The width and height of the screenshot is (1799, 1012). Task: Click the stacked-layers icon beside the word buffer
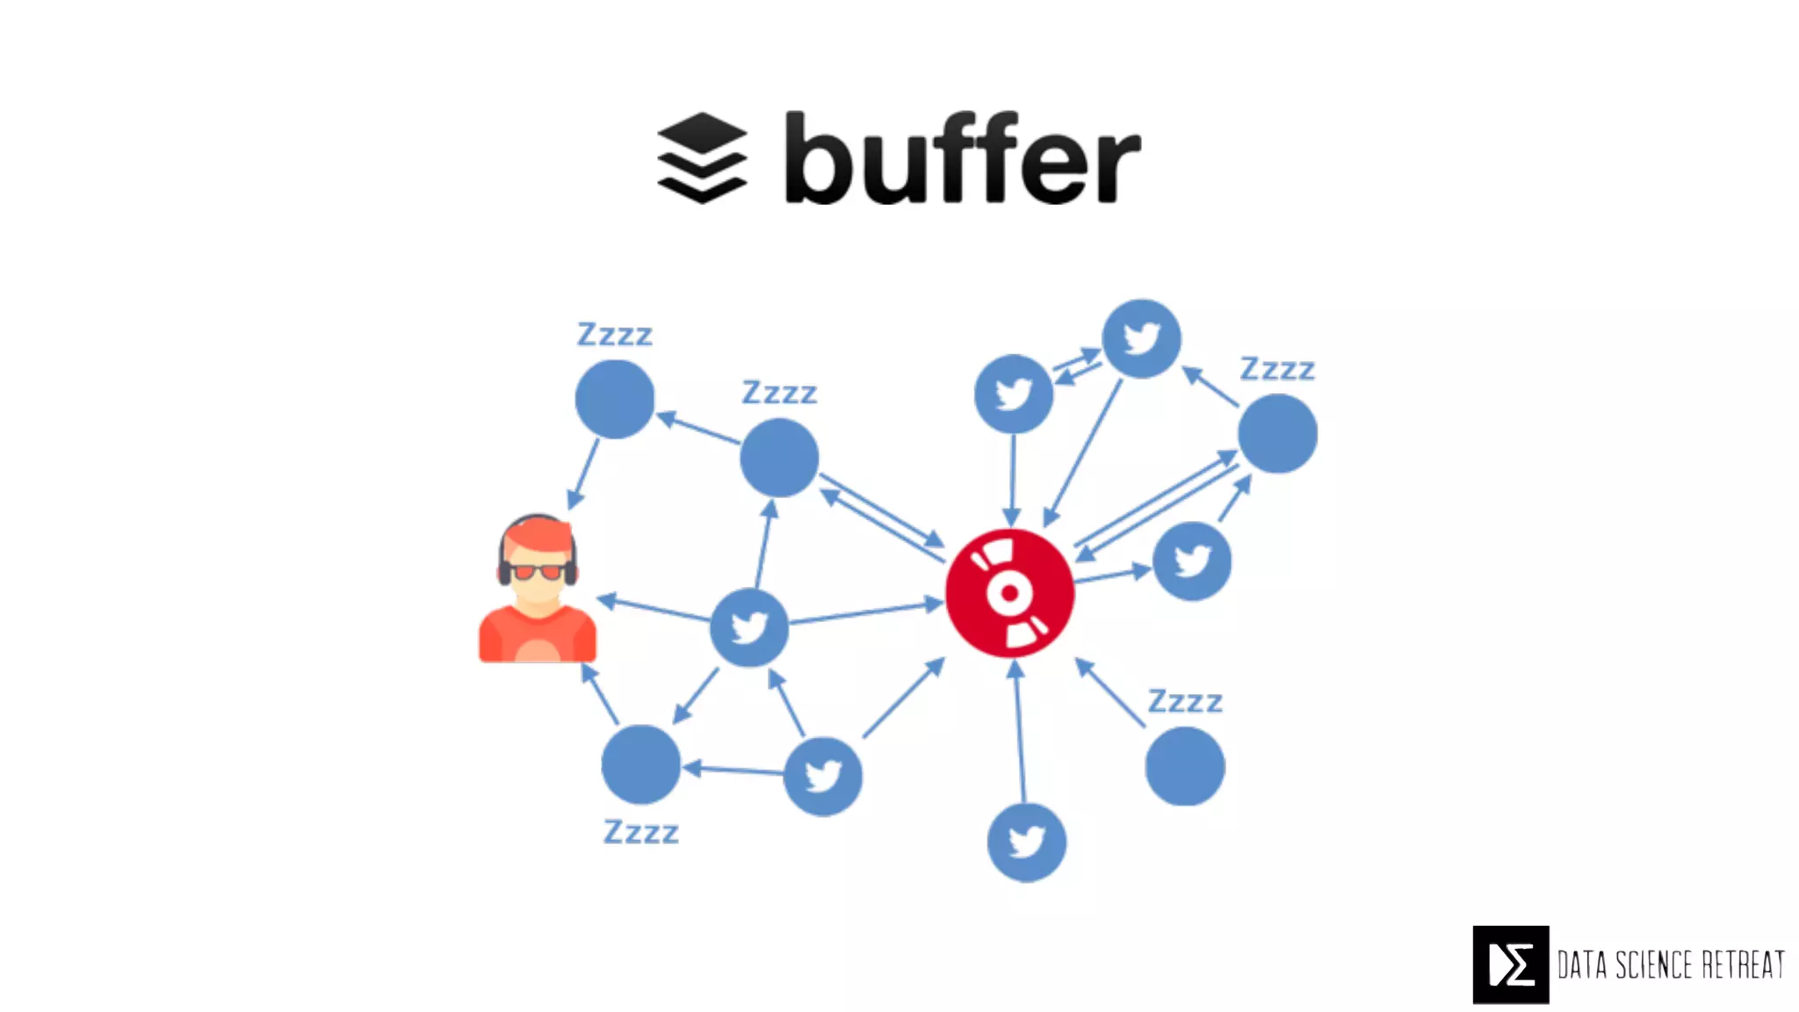tap(702, 158)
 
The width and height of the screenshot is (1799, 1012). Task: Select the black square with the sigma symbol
tap(1511, 965)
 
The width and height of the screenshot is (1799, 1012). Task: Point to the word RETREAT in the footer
tap(1743, 965)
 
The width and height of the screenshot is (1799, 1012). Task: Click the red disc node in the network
tap(1009, 593)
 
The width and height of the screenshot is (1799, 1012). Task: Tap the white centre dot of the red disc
tap(1009, 593)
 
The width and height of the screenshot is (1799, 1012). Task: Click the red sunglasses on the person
tap(538, 572)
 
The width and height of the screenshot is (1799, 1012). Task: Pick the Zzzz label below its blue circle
tap(640, 832)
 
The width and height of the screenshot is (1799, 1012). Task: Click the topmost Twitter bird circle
tap(1141, 338)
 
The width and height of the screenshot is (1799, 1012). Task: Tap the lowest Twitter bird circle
tap(1026, 842)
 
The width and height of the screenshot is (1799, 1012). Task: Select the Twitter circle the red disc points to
tap(1191, 561)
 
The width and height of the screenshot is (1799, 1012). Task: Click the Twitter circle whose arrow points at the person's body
tap(748, 627)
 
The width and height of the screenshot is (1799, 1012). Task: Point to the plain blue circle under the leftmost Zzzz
tap(614, 399)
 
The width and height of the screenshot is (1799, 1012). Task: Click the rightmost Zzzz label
tap(1276, 369)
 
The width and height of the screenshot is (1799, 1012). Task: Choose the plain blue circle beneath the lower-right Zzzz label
tap(1184, 766)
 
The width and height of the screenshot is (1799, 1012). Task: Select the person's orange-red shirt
tap(538, 634)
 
